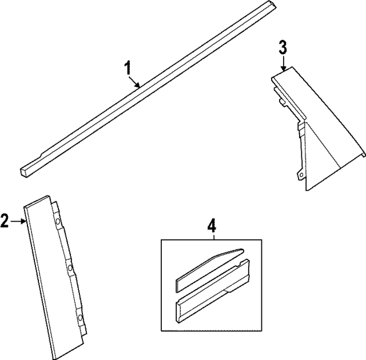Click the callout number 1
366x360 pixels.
pos(129,68)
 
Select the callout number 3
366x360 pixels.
pos(283,47)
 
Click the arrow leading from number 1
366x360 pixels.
pos(135,82)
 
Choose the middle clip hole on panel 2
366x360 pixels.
pos(69,267)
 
